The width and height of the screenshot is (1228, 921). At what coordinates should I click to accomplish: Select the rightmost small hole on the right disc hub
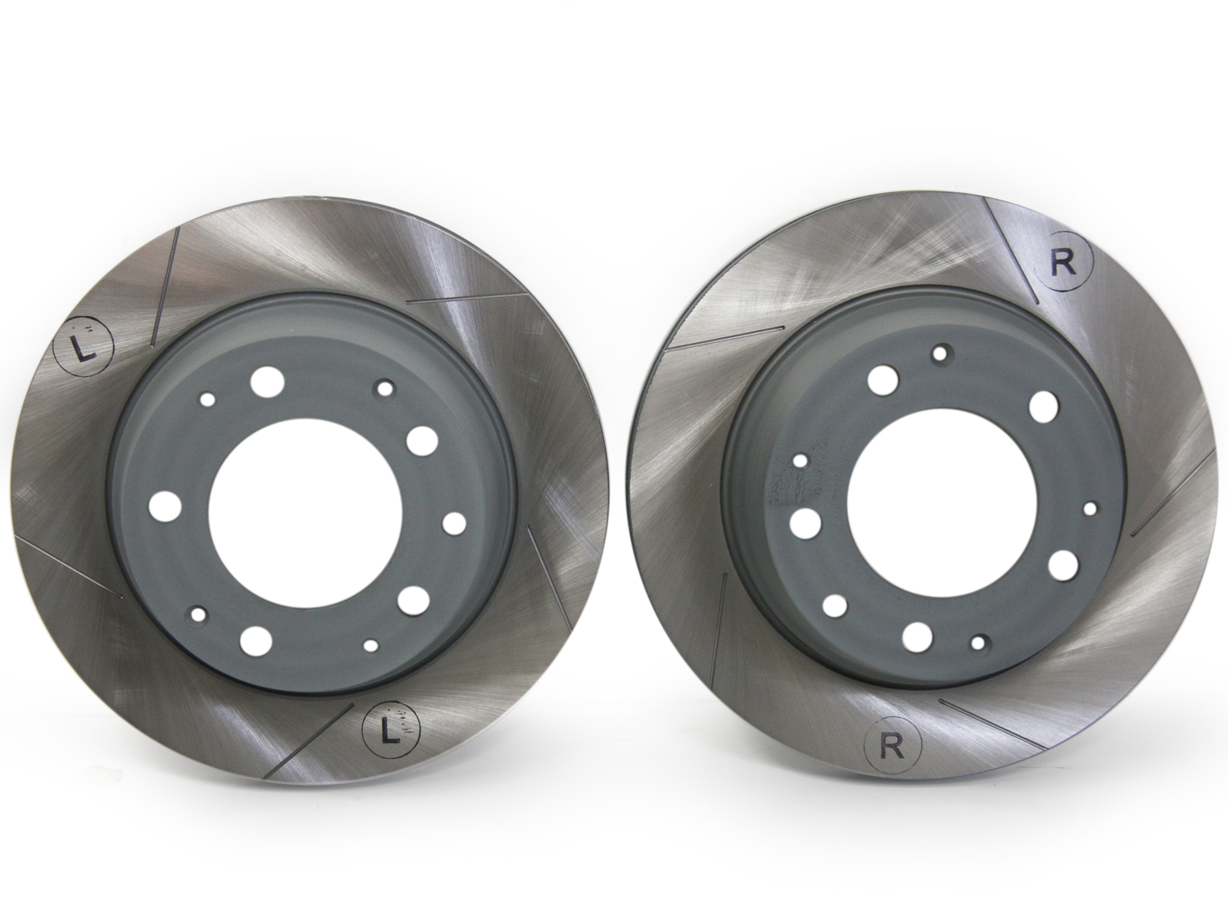pos(1090,508)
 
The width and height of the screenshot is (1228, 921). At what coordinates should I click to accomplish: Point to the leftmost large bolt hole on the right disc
pos(806,522)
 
